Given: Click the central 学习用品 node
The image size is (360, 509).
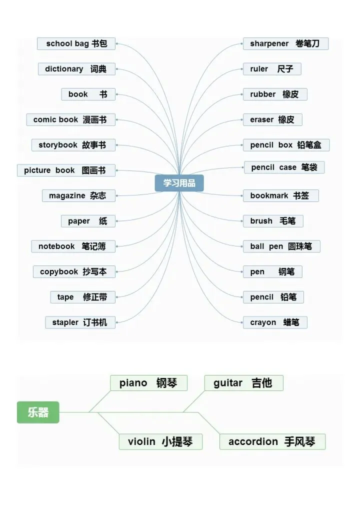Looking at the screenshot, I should (x=179, y=183).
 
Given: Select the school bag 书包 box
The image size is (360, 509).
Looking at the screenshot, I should (x=76, y=43).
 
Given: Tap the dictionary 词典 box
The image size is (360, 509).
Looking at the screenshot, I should (x=76, y=69).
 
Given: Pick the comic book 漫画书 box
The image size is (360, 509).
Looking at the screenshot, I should (x=70, y=119).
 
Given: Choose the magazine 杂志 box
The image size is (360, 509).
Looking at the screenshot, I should (x=78, y=195).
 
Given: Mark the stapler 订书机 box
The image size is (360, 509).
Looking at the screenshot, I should (x=80, y=322).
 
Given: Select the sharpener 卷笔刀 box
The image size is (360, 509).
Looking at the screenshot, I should (x=285, y=43).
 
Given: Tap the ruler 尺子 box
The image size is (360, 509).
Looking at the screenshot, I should (x=272, y=69).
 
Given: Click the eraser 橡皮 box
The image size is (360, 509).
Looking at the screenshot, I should (x=272, y=119).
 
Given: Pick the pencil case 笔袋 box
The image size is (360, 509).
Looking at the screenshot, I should (x=284, y=167).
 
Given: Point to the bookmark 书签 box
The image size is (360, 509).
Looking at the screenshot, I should (x=280, y=195).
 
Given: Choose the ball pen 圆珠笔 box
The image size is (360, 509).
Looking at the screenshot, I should (x=281, y=246).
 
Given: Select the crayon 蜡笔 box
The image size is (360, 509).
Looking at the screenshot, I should (x=275, y=322).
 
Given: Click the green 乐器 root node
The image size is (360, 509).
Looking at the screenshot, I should (x=38, y=412).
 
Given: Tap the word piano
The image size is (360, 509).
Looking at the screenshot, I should (x=133, y=383).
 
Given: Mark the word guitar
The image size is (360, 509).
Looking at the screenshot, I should (x=228, y=383).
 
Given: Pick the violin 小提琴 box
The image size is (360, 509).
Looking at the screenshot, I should (x=160, y=441).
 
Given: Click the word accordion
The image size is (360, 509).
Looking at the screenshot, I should (x=253, y=441).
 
